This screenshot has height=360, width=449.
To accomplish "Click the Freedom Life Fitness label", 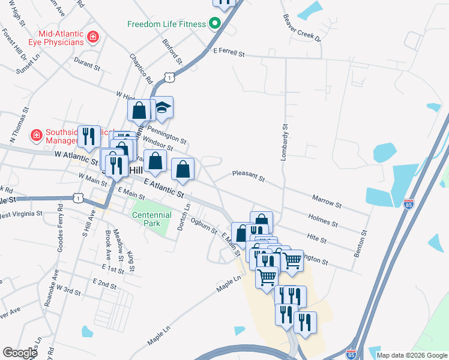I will tap(166, 25).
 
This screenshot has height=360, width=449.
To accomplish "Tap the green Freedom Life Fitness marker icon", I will tap(213, 25).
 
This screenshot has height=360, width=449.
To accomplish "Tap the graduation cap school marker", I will tap(161, 107).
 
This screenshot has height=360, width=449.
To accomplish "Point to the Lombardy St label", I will tap(285, 141).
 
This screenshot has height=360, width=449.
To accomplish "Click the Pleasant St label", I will tap(249, 176).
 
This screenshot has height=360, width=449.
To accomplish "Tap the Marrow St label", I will tap(327, 201).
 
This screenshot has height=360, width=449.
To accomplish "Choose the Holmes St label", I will tap(323, 220).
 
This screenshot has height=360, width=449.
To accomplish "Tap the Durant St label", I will tap(86, 61).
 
